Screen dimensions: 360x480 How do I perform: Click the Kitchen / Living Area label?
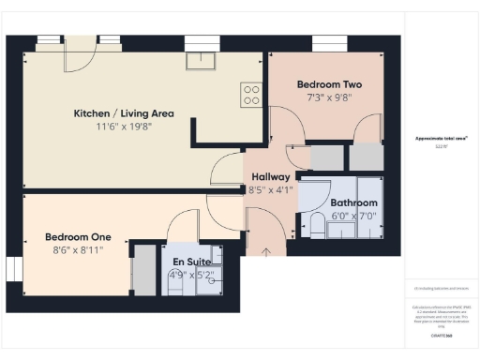coord(124,113)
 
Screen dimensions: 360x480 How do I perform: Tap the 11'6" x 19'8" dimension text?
coord(124,127)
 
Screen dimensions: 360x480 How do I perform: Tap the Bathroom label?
coord(352,202)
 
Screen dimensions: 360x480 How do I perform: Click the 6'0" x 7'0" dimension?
coord(352,215)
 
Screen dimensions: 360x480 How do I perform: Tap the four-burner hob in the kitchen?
coord(251,94)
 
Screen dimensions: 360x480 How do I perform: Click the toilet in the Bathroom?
coord(316,224)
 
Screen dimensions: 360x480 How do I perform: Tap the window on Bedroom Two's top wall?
coord(330,41)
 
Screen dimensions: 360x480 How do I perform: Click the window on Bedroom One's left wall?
coord(13,268)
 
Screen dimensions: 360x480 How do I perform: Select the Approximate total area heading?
coord(442,139)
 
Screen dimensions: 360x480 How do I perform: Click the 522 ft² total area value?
coord(441,147)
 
